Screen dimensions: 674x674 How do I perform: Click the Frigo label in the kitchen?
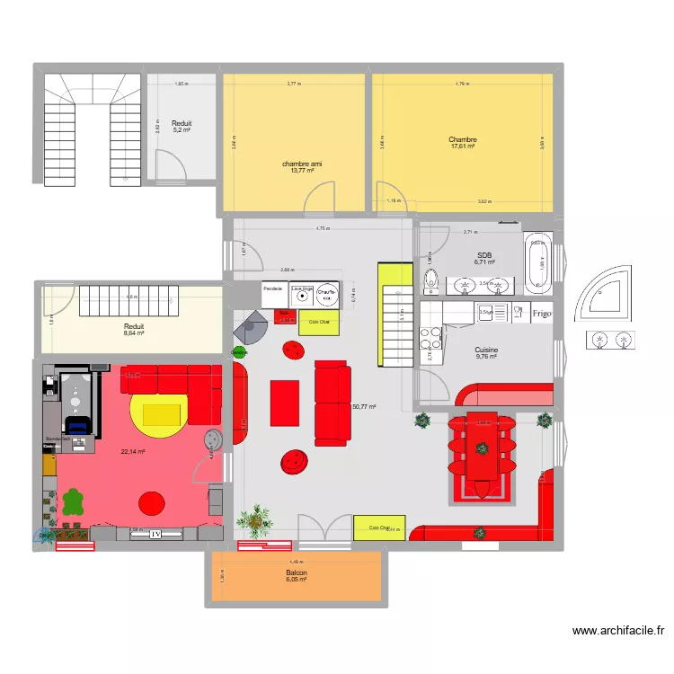541,314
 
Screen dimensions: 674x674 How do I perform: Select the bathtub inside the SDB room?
539,265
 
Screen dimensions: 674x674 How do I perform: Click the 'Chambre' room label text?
463,139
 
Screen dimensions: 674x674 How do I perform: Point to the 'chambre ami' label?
302,164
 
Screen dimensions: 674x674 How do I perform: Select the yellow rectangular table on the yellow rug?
161,413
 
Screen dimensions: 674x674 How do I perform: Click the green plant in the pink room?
73,503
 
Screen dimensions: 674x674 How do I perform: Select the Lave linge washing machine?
301,293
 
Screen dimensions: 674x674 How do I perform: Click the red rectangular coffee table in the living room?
285,402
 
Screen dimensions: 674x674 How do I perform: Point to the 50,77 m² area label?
364,407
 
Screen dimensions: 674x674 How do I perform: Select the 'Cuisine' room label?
486,351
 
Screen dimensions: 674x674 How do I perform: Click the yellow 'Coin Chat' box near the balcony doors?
377,528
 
